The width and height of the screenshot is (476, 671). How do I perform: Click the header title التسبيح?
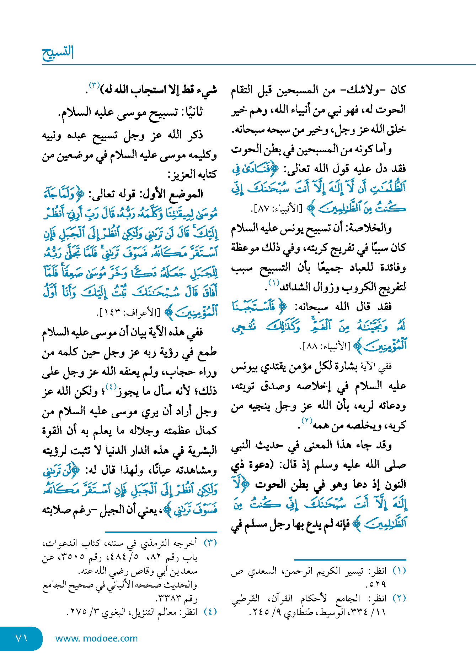[58, 53]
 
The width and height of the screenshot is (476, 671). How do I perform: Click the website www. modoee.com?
[96, 638]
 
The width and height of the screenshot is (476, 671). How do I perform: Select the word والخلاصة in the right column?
[373, 228]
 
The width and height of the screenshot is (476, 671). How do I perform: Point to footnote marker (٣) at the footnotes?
[210, 543]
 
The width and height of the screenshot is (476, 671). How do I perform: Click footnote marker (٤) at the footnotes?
[210, 612]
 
